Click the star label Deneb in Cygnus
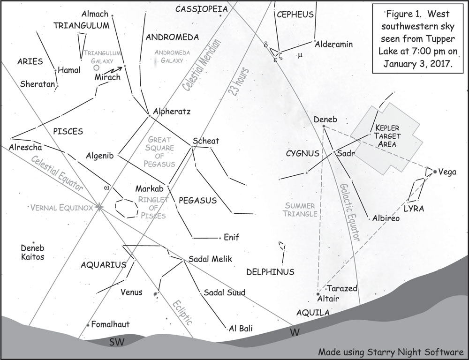pyautogui.click(x=325, y=120)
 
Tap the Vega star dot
pyautogui.click(x=435, y=172)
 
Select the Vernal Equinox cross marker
pyautogui.click(x=99, y=207)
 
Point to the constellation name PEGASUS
pyautogui.click(x=197, y=201)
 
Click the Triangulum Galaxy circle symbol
pyautogui.click(x=97, y=68)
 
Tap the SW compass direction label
pyautogui.click(x=116, y=342)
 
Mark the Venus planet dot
pyautogui.click(x=156, y=294)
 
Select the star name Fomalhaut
pyautogui.click(x=110, y=324)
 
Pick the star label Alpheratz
pyautogui.click(x=172, y=112)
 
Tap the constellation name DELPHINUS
pyautogui.click(x=270, y=272)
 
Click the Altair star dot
pyautogui.click(x=318, y=294)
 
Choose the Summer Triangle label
pyautogui.click(x=299, y=210)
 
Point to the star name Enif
pyautogui.click(x=231, y=238)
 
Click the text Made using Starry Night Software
pyautogui.click(x=391, y=352)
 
